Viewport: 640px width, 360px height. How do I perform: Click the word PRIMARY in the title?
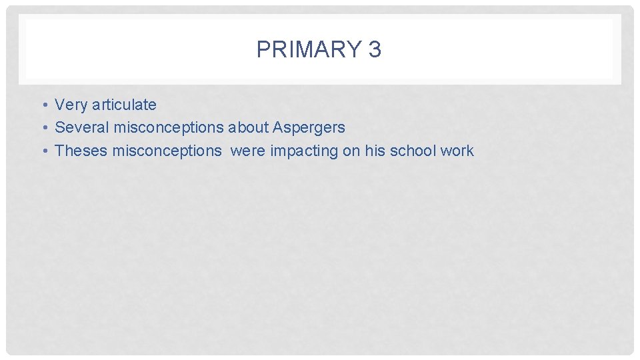click(x=307, y=49)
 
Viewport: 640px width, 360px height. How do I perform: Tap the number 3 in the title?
click(x=374, y=49)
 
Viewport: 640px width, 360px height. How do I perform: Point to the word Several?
click(x=82, y=127)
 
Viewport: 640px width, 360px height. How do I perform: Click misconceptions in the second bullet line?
click(x=169, y=127)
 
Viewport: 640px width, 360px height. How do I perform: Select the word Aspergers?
click(x=309, y=128)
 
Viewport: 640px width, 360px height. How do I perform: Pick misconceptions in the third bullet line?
click(x=167, y=151)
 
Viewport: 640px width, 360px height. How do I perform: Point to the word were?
click(x=248, y=151)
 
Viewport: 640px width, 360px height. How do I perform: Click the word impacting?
click(x=304, y=151)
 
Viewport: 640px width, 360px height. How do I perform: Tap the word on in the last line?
click(x=351, y=151)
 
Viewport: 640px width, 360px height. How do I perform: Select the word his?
click(x=375, y=151)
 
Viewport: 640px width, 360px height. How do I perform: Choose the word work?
click(x=457, y=151)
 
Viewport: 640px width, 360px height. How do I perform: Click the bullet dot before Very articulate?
click(x=41, y=105)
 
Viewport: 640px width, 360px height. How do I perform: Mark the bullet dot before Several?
click(x=41, y=128)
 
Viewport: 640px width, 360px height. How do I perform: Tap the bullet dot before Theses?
click(x=41, y=151)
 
